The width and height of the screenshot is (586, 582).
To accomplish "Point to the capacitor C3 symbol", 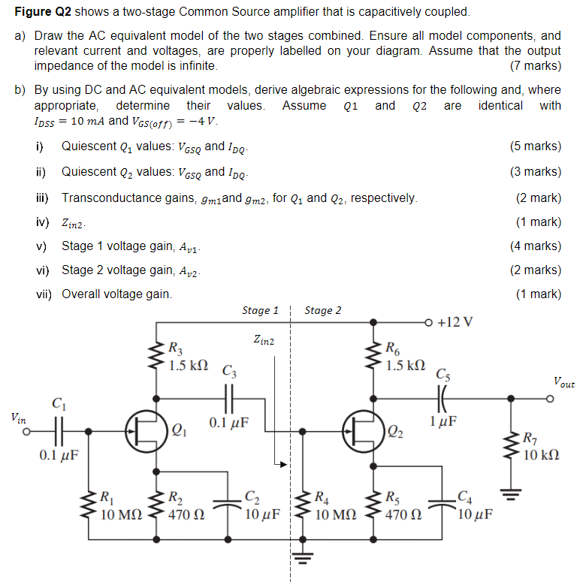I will click(x=230, y=396).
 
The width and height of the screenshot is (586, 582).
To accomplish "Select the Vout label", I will click(x=563, y=383).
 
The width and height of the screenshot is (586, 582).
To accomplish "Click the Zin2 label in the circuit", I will click(x=264, y=341).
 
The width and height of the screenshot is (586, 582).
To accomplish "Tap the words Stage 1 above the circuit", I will click(x=260, y=310).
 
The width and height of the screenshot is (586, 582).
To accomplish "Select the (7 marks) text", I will click(x=535, y=66).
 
